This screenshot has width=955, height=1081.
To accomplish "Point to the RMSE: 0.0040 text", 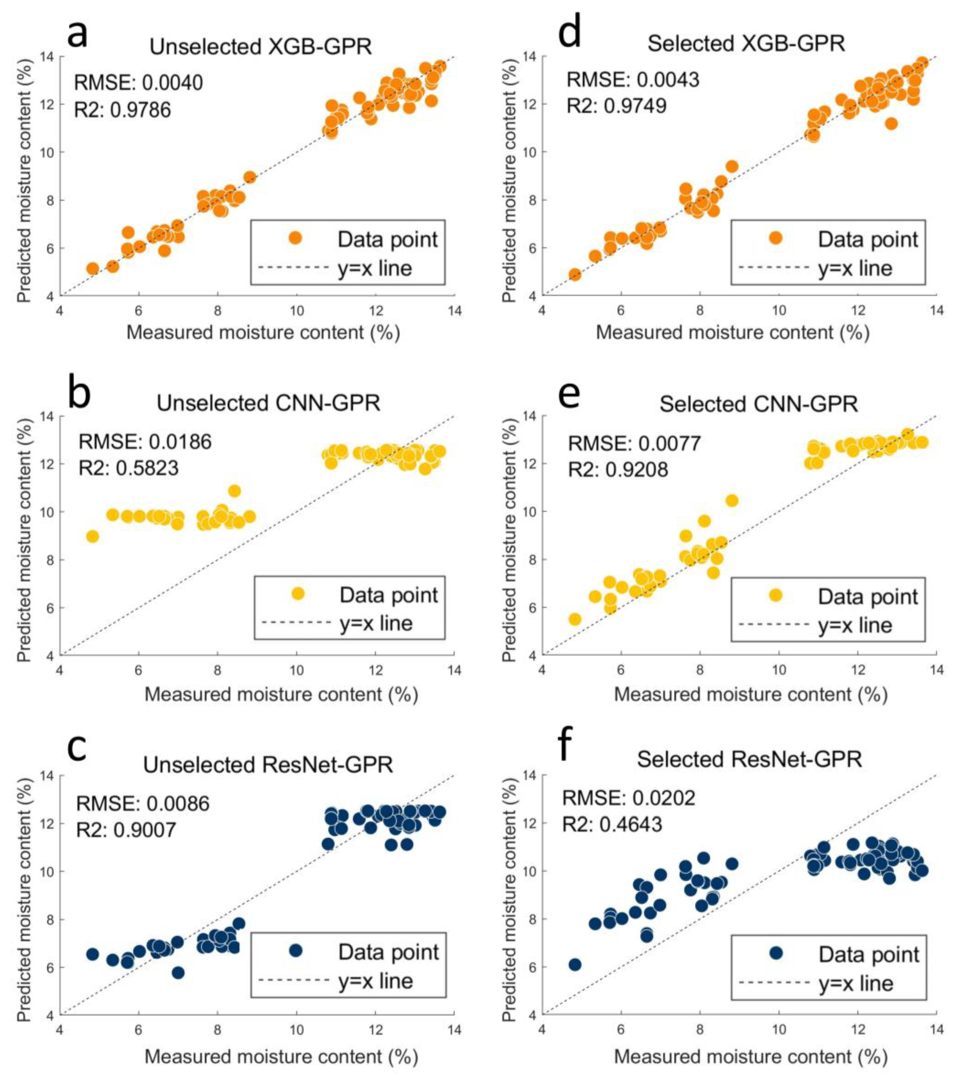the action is click(138, 83).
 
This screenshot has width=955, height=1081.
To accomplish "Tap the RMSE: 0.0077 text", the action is click(635, 443).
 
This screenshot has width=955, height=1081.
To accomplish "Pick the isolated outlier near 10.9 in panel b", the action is click(234, 491).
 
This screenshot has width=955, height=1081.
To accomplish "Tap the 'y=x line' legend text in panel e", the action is click(856, 625).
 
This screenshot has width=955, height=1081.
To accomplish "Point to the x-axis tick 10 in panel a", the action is click(297, 310).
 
